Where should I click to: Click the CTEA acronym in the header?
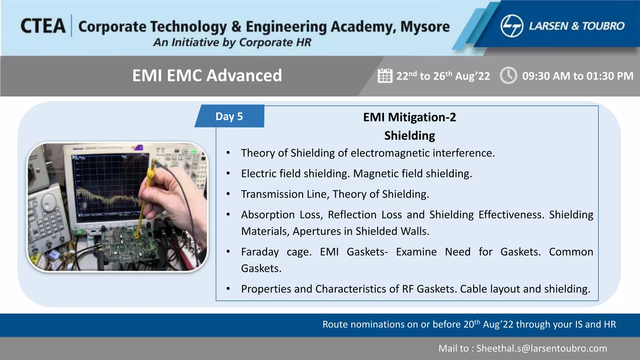coord(43,26)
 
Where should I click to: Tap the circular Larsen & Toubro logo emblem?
coord(512,26)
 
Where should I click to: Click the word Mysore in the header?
coord(425,27)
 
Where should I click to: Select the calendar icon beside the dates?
coord(385,76)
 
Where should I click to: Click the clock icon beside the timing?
coord(508,75)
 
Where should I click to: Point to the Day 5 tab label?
coord(229,116)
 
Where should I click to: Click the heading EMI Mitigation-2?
coord(409,117)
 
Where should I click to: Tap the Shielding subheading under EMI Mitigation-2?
coord(409,136)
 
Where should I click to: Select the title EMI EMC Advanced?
coord(207,75)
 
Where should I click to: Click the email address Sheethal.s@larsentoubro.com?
coord(542,348)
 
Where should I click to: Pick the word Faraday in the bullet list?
coord(260,252)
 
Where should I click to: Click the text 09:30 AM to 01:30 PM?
coord(577,76)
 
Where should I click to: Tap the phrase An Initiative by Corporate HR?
coord(232,42)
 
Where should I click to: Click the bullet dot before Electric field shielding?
coord(228,173)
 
